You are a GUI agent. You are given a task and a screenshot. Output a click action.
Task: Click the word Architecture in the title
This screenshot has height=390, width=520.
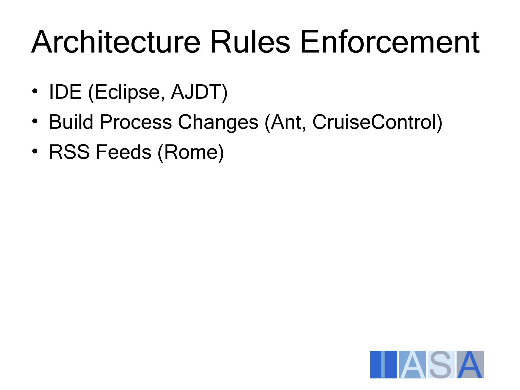[116, 42]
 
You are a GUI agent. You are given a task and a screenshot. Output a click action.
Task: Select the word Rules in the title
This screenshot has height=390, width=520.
[250, 42]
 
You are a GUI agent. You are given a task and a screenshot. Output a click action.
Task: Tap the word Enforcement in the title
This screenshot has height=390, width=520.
[389, 42]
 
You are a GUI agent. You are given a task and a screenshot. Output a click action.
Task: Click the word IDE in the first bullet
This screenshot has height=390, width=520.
[65, 92]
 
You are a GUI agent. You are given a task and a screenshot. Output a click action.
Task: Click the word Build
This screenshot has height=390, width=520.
[71, 122]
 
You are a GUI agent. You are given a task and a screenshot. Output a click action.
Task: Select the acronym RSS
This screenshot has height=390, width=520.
[69, 152]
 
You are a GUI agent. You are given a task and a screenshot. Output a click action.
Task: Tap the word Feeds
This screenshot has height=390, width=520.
[124, 152]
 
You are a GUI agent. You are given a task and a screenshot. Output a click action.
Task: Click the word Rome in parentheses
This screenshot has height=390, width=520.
[191, 152]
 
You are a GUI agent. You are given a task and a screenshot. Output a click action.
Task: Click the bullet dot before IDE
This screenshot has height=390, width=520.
[35, 91]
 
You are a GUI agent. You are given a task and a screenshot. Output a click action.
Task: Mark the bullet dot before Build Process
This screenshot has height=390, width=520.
[35, 121]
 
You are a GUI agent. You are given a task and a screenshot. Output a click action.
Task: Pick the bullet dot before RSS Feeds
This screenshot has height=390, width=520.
[35, 151]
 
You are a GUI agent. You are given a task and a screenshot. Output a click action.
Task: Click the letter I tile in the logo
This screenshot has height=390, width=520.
[383, 364]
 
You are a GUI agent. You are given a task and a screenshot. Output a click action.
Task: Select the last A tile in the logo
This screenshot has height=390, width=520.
[470, 364]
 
